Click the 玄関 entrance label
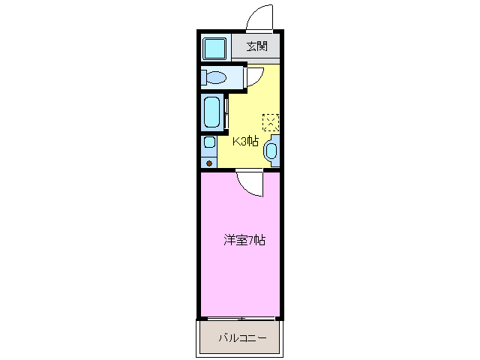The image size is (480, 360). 257,46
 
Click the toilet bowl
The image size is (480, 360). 216,76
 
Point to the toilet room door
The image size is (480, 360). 253,76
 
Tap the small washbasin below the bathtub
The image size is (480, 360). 208,142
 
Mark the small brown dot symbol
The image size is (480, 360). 208,162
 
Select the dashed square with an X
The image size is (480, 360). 270,121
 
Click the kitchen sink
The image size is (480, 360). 271,151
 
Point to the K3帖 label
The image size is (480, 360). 245,141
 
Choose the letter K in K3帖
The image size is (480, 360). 235,141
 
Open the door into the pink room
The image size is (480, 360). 250,182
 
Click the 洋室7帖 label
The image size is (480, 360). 244,241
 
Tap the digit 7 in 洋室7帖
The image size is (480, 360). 253,241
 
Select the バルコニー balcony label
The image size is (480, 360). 241,338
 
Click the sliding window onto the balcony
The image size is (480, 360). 241,318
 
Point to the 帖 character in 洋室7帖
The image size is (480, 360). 260,241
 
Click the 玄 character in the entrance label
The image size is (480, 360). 252,46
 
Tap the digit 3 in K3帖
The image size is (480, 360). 244,141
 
